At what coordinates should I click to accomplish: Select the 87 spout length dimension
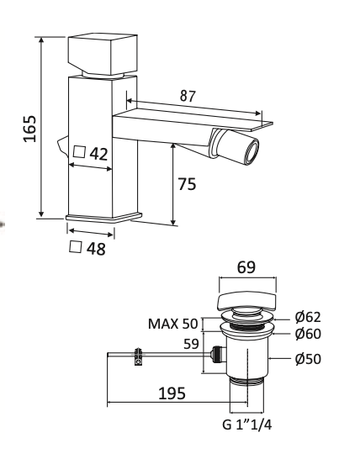[x=188, y=97]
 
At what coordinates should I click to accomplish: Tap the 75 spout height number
[x=187, y=184]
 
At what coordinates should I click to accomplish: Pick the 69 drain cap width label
[x=246, y=268]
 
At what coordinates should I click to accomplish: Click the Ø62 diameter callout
[x=308, y=317]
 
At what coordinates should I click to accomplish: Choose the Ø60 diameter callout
[x=308, y=333]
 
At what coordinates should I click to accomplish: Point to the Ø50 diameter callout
[x=308, y=359]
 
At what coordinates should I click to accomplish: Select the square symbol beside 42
[x=80, y=153]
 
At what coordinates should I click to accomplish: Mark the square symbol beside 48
[x=74, y=248]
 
